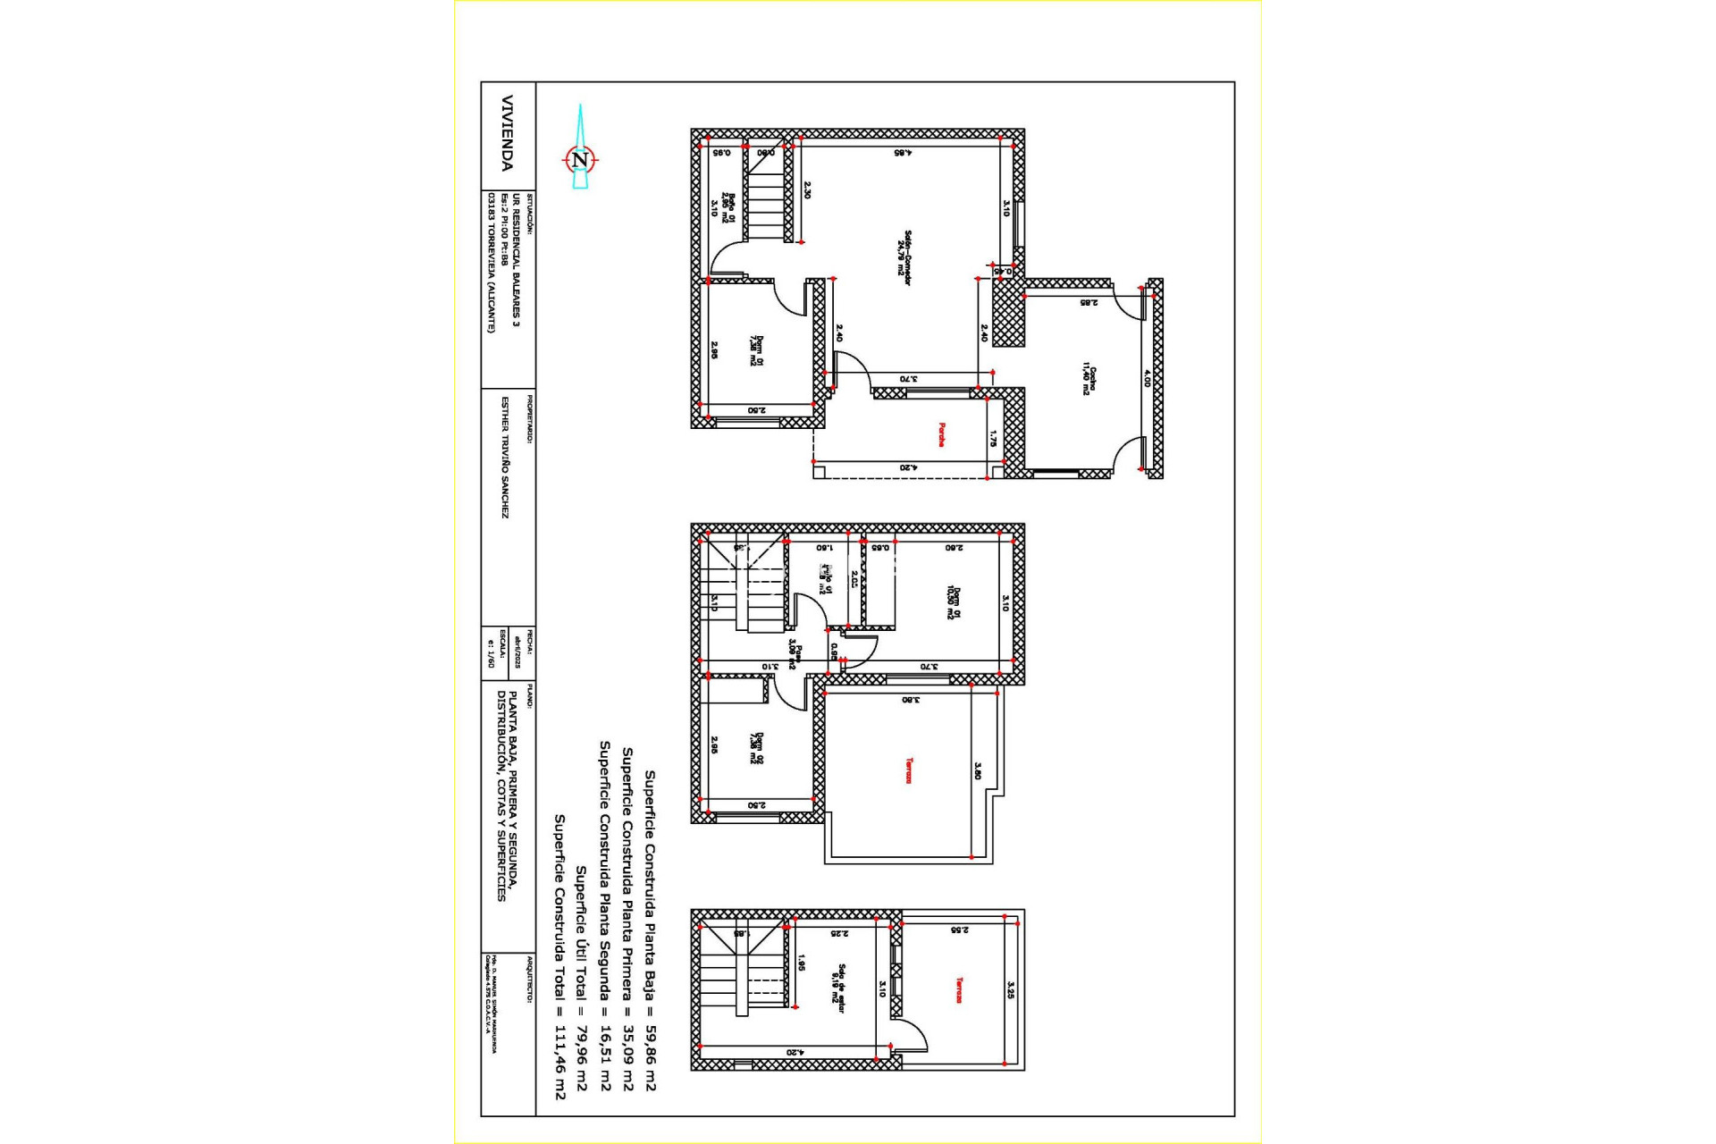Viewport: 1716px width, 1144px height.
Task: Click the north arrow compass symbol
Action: [x=581, y=159]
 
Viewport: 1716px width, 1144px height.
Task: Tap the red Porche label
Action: [x=941, y=434]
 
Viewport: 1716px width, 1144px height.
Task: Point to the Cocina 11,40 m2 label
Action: [x=1089, y=380]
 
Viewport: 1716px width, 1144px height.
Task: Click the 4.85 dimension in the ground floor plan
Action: [x=903, y=153]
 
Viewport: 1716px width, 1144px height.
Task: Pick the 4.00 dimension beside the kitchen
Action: [x=1148, y=379]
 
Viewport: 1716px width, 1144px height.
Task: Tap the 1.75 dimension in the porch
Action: [x=993, y=439]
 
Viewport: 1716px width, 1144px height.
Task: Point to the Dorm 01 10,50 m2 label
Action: [x=955, y=601]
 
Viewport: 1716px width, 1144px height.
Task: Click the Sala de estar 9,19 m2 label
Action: [x=838, y=988]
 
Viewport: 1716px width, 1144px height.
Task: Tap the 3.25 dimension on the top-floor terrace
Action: [x=1011, y=990]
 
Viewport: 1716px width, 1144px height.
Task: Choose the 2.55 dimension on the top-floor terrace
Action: [x=959, y=930]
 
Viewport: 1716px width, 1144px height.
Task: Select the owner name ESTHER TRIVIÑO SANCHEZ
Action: [x=505, y=458]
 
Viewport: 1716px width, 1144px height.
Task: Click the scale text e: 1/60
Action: [x=491, y=653]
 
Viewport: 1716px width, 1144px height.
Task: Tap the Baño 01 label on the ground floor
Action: [x=730, y=206]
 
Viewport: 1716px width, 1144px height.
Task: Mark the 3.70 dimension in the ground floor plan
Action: [x=908, y=379]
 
